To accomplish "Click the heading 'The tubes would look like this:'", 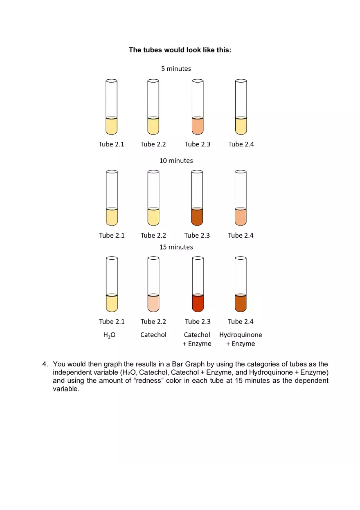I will [180, 50].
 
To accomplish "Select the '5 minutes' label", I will [176, 69].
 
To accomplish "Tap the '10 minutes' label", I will [176, 161].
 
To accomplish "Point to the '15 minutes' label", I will [176, 247].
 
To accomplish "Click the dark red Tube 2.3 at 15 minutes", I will [198, 303].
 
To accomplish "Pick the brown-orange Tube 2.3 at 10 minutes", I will [197, 217].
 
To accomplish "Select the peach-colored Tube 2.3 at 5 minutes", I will [198, 126].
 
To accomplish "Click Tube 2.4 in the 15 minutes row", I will [241, 303].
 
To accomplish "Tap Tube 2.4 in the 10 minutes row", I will [241, 217].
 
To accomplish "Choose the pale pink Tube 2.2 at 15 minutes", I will [153, 303].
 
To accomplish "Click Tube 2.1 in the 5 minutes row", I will [111, 126].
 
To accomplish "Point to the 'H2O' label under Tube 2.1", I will [109, 335].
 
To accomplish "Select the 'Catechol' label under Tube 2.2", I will [153, 335].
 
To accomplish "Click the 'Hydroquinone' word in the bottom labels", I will [241, 335].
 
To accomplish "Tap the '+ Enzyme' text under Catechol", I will [197, 344].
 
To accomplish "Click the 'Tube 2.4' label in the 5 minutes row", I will [241, 144].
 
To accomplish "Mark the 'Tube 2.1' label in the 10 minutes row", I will [112, 235].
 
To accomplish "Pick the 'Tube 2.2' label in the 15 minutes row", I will [153, 321].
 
